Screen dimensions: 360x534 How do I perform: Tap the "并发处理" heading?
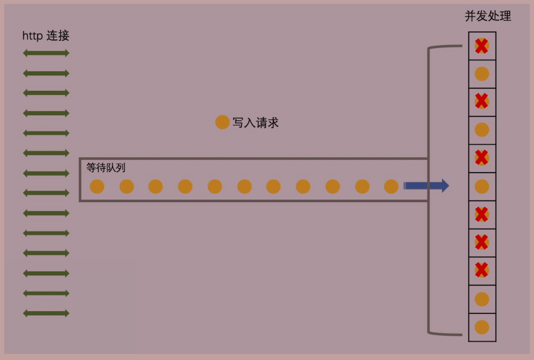coord(488,16)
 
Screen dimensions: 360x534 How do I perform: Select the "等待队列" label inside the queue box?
coord(106,167)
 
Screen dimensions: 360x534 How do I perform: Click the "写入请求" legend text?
coord(255,123)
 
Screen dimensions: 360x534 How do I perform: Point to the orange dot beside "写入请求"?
coord(222,122)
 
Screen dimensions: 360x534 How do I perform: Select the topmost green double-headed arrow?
coord(46,53)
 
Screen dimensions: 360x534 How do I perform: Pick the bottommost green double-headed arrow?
coord(46,313)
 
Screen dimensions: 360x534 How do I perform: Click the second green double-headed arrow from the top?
coord(46,73)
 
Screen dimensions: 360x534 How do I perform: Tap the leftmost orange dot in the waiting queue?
coord(97,187)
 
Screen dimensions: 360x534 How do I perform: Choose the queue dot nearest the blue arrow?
coord(391,187)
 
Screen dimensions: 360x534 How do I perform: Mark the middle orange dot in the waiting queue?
coord(244,187)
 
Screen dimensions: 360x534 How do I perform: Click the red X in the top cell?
coord(482,46)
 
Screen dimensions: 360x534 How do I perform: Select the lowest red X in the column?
coord(482,271)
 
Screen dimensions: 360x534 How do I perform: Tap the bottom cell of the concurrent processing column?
coord(482,327)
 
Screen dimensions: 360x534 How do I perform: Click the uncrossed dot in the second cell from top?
coord(482,74)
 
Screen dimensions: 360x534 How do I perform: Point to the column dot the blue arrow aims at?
coord(482,187)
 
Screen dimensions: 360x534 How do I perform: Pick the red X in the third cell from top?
coord(482,102)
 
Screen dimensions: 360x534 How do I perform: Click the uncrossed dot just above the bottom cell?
coord(482,299)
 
